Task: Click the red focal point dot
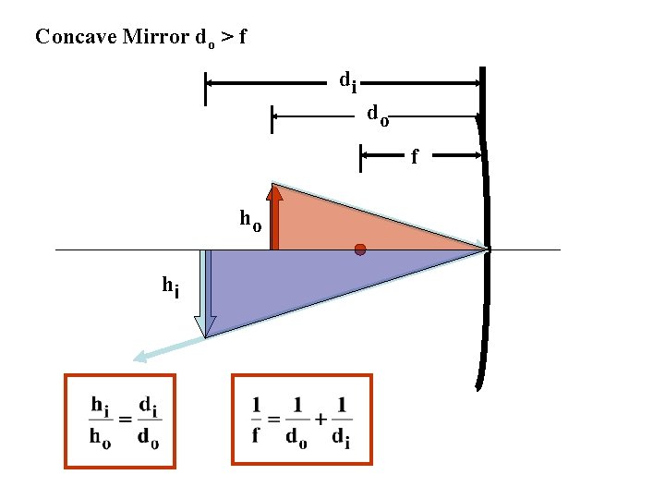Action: (x=360, y=249)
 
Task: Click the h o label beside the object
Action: (x=250, y=220)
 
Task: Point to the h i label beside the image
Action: (x=171, y=287)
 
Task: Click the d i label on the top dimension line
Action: (x=347, y=82)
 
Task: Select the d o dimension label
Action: (x=377, y=116)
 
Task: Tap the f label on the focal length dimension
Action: (x=414, y=158)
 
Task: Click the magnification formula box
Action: (x=120, y=420)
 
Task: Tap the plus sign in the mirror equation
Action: (x=320, y=419)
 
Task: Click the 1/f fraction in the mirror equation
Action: (x=256, y=419)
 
